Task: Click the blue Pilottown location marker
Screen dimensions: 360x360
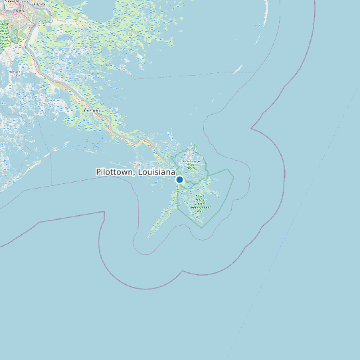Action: coord(179,179)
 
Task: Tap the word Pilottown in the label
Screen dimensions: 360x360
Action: coord(116,172)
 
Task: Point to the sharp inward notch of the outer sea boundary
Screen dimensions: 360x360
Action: coord(252,126)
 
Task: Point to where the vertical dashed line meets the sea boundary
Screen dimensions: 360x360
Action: coord(52,184)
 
